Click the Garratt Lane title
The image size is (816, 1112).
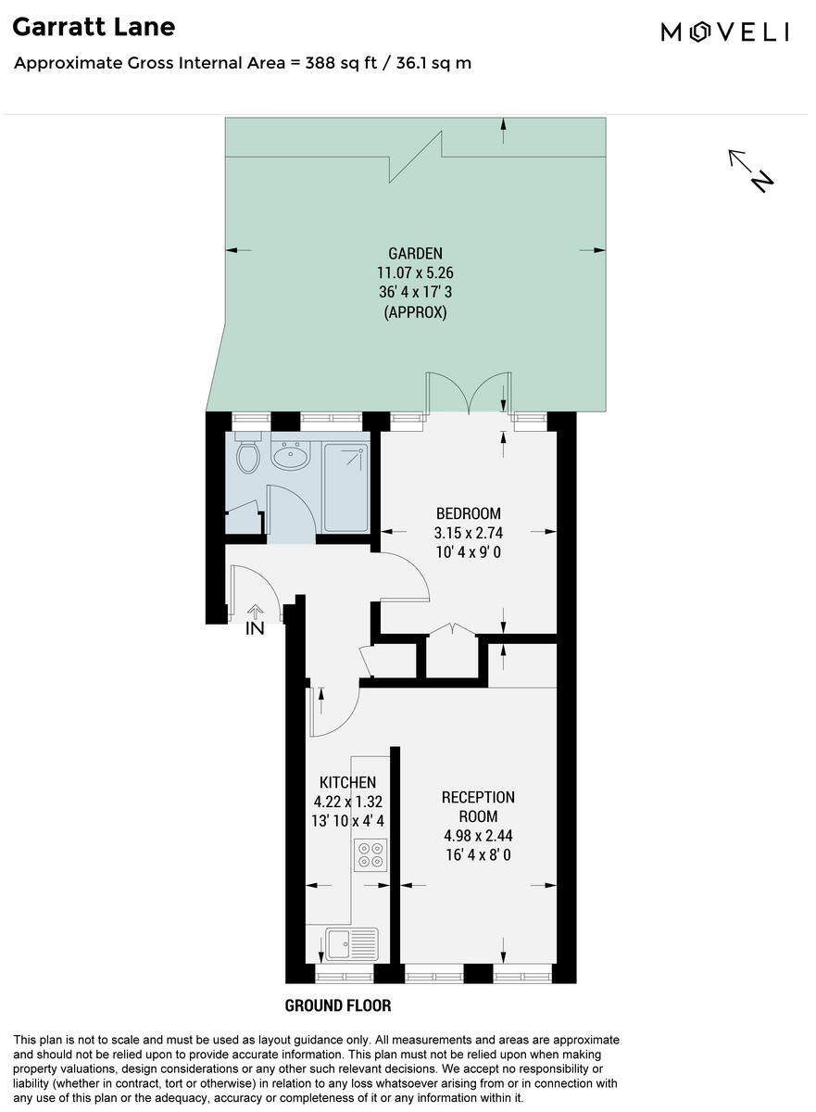coord(94,27)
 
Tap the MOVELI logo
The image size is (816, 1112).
coord(724,32)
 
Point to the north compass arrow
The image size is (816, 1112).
coord(750,170)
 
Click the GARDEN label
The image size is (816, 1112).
coord(415,253)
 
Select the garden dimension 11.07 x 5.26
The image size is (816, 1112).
coord(415,273)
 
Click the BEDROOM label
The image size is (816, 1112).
coord(469,513)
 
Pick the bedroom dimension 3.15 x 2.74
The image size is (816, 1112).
coord(469,533)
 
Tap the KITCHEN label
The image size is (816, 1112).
coord(347,782)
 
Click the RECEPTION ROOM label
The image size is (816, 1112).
coord(478,806)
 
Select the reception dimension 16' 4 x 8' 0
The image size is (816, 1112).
coord(478,854)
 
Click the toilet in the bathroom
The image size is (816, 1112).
coord(247,453)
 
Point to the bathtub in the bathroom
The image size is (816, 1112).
coord(345,486)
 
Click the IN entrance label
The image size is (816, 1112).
coord(255,629)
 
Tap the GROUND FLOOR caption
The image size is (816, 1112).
coord(337,1005)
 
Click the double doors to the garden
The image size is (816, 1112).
coord(469,393)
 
